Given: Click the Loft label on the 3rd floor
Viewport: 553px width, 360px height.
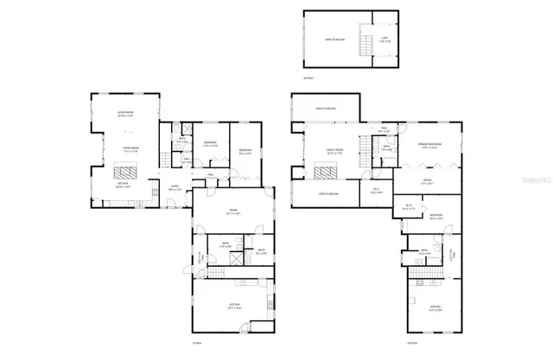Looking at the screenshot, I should click(x=384, y=38).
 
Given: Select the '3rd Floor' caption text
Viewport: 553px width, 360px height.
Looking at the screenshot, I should click(x=308, y=78).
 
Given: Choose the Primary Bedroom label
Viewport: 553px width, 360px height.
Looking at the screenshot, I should click(x=431, y=145).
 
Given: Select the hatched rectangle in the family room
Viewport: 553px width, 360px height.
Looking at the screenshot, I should click(x=324, y=173).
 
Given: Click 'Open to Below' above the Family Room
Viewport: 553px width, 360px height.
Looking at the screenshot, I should click(x=326, y=109).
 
